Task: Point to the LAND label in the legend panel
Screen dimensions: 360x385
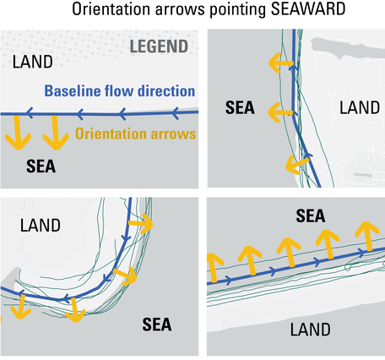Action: coord(32,63)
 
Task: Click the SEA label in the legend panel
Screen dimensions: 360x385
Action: coord(40,166)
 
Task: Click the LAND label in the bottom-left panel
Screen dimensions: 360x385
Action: coord(41,226)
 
